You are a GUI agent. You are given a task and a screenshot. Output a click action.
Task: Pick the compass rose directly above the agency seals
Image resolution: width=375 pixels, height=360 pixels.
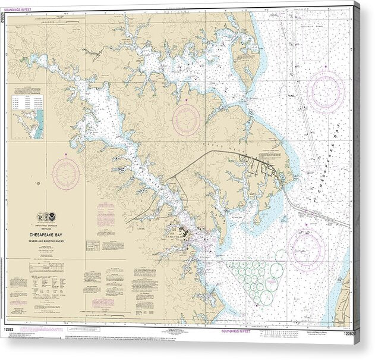[65, 174]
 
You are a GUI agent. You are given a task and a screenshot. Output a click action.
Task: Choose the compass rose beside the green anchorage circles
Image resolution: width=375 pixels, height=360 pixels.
[307, 248]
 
